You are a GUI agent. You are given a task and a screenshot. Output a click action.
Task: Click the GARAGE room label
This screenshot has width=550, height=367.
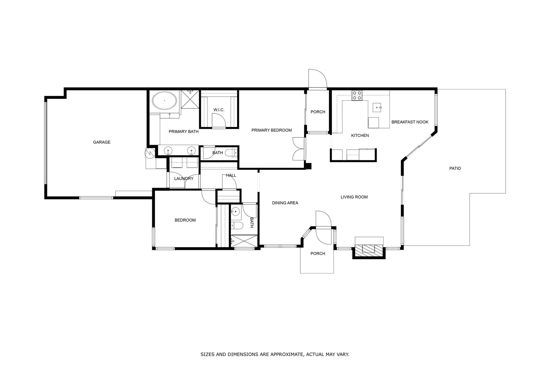102,142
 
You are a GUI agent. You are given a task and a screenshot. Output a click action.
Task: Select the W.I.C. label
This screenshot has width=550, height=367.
219,110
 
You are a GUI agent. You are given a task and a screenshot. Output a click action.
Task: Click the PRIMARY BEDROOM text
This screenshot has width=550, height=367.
271,130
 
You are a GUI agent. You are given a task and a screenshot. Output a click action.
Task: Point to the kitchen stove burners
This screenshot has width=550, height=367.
357,95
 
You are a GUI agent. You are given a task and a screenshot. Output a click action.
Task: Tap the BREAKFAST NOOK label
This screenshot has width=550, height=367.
410,122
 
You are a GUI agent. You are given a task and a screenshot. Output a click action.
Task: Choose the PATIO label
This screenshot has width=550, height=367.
455,169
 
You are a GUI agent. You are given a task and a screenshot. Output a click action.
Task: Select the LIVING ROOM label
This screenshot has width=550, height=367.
354,197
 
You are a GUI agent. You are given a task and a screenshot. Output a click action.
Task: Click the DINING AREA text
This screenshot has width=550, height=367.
285,203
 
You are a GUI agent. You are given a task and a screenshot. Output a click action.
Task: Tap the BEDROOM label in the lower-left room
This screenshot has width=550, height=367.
185,220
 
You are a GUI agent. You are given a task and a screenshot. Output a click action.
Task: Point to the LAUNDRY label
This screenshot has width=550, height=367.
184,179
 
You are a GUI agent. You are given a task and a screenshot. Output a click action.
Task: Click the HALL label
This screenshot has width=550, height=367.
231,176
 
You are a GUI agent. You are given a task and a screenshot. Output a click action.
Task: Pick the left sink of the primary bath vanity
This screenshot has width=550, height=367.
168,150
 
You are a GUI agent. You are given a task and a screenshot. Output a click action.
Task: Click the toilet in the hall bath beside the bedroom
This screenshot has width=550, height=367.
237,226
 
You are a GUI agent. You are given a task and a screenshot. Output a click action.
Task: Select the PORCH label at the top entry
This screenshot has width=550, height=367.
318,112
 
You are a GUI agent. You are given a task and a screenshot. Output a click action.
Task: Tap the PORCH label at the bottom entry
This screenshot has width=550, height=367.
318,254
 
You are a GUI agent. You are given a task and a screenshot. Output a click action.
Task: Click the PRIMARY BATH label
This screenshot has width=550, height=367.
184,132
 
